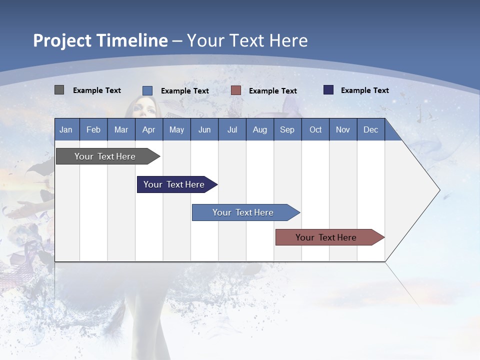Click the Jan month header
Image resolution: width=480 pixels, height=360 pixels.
tap(66, 130)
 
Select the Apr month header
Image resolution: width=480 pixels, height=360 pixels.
tap(149, 130)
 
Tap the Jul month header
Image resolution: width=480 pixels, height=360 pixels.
tap(232, 130)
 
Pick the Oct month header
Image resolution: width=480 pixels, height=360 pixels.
tap(315, 130)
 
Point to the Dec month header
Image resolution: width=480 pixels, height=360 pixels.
tap(370, 130)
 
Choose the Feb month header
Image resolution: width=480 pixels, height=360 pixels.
tap(93, 130)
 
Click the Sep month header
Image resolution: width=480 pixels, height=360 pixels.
tap(287, 130)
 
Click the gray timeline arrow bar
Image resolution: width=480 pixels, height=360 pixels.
tap(108, 156)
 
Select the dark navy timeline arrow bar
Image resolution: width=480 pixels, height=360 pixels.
tap(177, 184)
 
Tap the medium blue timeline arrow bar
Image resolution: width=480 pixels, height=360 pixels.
tap(246, 212)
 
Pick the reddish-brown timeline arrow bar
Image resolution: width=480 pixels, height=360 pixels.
tap(330, 237)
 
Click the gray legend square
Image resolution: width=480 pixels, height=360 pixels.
tap(59, 89)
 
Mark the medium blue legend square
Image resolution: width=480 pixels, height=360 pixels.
tap(147, 90)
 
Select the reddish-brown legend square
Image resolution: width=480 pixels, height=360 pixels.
tap(235, 90)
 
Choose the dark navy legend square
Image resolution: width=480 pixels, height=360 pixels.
tap(328, 89)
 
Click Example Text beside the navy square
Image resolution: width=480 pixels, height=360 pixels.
tap(365, 90)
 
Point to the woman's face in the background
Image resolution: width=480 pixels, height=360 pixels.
tap(143, 107)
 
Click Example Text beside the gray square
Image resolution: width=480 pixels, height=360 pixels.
tap(96, 90)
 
